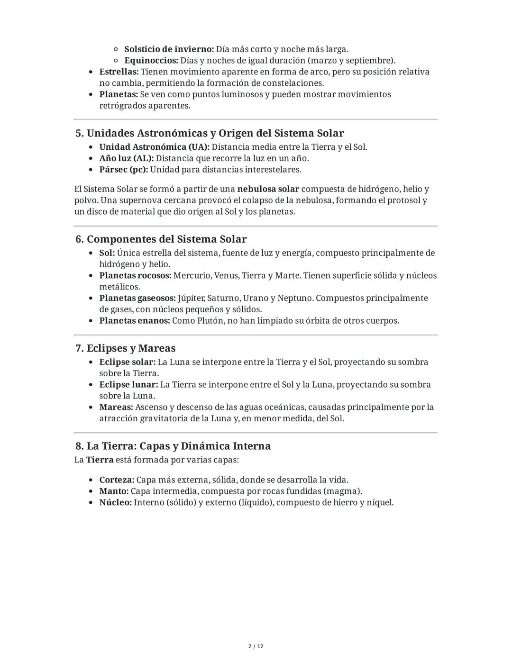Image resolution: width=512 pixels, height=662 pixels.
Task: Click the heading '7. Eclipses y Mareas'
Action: point(125,348)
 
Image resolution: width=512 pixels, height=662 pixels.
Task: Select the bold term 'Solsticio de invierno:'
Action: point(169,49)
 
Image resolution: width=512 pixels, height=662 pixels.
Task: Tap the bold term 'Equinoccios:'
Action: point(151,61)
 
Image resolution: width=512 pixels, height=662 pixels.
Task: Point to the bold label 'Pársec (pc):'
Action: point(123,170)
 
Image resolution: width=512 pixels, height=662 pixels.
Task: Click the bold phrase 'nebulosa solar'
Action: point(268,189)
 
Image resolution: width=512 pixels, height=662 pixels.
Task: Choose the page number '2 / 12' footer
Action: point(256,646)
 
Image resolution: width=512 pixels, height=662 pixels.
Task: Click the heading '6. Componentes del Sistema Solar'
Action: point(161,239)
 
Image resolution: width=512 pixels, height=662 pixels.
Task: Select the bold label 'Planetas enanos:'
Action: point(134,321)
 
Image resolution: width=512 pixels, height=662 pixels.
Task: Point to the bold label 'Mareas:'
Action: point(116,407)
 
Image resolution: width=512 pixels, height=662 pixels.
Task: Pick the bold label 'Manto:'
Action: point(114,491)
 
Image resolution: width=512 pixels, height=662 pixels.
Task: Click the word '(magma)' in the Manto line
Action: point(344,491)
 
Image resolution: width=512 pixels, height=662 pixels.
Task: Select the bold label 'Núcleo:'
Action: point(115,503)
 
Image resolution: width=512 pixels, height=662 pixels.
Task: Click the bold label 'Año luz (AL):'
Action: point(126,158)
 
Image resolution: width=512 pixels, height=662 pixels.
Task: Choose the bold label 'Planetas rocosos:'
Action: point(135,276)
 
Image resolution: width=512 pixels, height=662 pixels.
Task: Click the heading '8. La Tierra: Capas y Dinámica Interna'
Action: point(173,446)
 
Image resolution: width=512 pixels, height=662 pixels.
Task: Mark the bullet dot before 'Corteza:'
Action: point(91,481)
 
